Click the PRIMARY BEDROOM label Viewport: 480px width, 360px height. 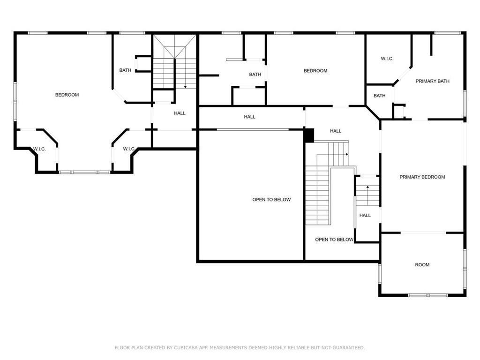click(422, 177)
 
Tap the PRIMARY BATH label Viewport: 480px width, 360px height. click(432, 81)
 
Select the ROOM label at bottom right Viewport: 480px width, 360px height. click(422, 265)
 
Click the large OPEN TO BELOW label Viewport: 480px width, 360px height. click(271, 200)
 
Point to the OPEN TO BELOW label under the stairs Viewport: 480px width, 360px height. click(334, 240)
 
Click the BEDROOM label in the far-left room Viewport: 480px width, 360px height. click(67, 95)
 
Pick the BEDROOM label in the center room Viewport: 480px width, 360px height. click(315, 71)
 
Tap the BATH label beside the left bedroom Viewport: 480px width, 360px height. click(125, 70)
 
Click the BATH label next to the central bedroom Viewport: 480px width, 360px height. click(255, 75)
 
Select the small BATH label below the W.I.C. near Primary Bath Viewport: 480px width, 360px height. click(379, 96)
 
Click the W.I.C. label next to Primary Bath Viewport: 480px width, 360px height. click(387, 59)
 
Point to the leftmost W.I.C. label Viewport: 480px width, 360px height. click(39, 149)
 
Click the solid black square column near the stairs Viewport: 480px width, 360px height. click(309, 135)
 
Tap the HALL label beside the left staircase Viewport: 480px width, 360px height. click(180, 113)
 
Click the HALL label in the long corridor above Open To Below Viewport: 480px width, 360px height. click(249, 117)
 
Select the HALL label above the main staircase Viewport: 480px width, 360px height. click(336, 131)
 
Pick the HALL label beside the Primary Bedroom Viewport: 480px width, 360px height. click(365, 216)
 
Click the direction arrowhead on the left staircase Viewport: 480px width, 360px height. click(185, 87)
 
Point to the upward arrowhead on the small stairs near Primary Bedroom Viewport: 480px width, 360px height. click(367, 187)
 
